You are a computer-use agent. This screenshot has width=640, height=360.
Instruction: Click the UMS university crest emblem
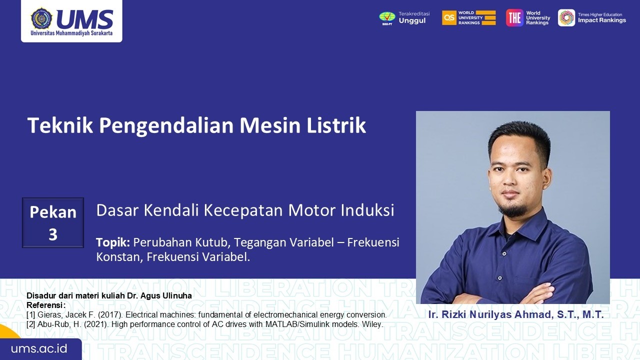pyautogui.click(x=41, y=19)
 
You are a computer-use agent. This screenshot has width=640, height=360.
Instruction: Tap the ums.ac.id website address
pyautogui.click(x=39, y=349)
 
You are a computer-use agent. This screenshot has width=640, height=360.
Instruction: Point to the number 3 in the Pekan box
pyautogui.click(x=53, y=234)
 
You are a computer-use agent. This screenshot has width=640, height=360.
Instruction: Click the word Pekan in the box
pyautogui.click(x=53, y=212)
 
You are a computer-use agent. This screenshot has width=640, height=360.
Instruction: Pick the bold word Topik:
pyautogui.click(x=113, y=242)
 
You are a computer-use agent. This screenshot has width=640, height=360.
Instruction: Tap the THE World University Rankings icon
pyautogui.click(x=514, y=17)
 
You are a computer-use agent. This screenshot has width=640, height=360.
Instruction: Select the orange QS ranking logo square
pyautogui.click(x=449, y=17)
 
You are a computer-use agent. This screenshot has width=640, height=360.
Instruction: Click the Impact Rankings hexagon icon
pyautogui.click(x=566, y=17)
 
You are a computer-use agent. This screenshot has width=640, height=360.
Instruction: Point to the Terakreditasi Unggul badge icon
pyautogui.click(x=387, y=18)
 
